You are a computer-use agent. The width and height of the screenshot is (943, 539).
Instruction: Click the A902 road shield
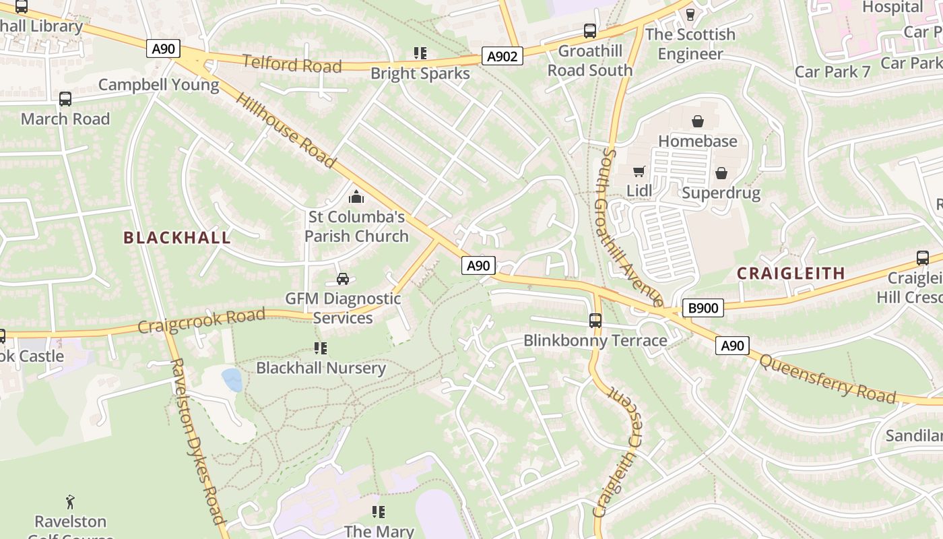pos(502,57)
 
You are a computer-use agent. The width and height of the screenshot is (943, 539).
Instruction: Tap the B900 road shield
pos(703,309)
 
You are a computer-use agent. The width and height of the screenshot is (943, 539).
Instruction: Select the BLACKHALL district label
pos(177,237)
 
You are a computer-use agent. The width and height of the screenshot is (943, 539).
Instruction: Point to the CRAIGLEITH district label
pos(791,273)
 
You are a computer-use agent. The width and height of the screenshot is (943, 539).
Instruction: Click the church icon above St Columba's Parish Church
pos(356,197)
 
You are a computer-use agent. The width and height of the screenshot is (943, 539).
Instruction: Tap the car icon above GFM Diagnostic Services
pos(342,278)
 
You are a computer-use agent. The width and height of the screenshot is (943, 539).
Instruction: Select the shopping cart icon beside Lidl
pos(639,171)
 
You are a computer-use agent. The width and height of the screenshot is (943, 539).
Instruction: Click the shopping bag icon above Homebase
pos(698,121)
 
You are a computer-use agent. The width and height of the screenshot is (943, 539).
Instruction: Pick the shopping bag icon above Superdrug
pos(721,173)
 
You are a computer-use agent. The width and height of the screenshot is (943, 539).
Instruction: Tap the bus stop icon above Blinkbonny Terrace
pos(595,320)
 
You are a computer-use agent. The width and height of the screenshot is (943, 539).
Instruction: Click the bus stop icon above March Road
pos(65,99)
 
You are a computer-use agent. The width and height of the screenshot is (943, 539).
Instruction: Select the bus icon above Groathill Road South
pos(590,31)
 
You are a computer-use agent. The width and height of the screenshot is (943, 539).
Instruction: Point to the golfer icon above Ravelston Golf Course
pos(70,502)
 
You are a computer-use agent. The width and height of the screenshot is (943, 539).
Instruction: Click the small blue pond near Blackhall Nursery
pos(232,379)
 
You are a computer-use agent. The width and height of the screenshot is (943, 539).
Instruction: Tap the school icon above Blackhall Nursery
pos(321,348)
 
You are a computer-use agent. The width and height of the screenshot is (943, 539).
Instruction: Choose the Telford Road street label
pos(292,65)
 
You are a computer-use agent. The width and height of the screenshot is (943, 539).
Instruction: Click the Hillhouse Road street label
pos(285,130)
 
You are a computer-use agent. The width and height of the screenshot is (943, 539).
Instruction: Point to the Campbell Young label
pos(158,85)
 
